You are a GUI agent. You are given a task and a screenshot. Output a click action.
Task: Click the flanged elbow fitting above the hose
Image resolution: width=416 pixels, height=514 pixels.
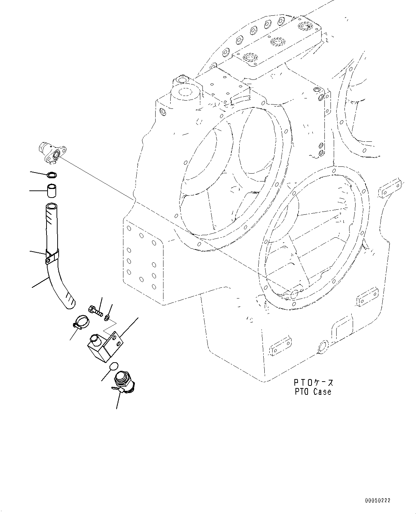click(x=51, y=152)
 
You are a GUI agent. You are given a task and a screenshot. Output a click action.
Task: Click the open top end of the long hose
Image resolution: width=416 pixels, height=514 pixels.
click(x=52, y=207)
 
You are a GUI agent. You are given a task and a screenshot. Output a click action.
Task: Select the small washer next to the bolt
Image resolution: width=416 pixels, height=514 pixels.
click(x=107, y=317)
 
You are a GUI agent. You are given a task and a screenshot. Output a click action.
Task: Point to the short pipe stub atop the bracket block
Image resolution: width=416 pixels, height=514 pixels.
click(x=96, y=338)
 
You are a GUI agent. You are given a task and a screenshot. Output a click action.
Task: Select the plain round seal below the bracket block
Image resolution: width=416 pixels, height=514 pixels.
click(x=114, y=366)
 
